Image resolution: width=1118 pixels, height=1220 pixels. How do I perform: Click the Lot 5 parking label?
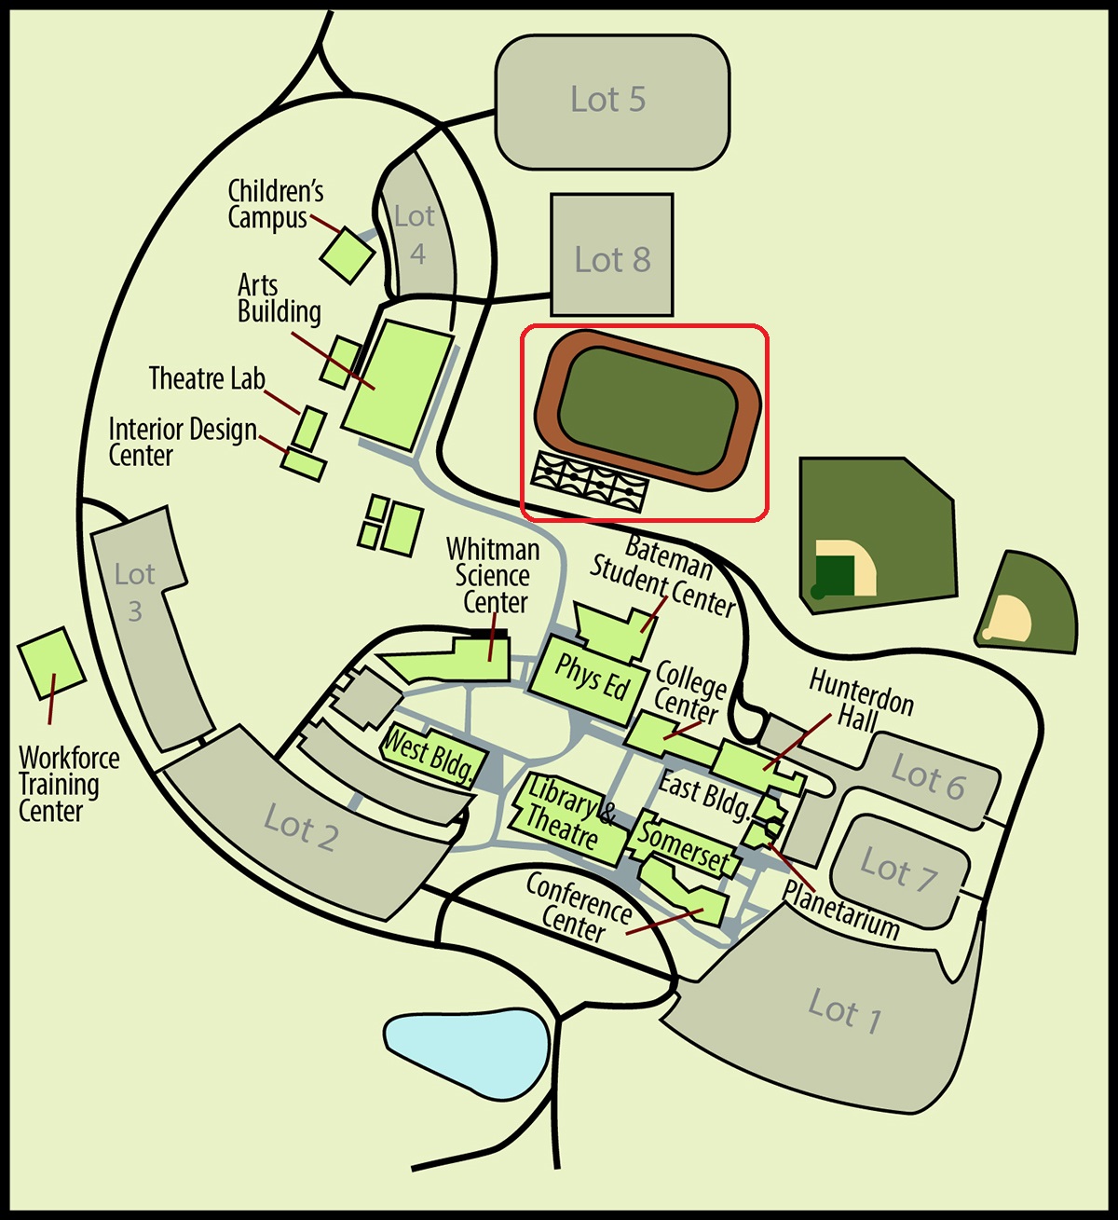[x=607, y=99]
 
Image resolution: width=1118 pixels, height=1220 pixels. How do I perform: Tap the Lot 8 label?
[x=612, y=260]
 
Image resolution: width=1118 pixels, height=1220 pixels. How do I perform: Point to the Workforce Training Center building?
[x=51, y=664]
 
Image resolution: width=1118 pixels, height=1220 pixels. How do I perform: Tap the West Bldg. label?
[x=429, y=755]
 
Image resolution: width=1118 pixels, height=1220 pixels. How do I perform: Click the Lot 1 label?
[x=844, y=1011]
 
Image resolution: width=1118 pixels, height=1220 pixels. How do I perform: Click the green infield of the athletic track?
[x=648, y=410]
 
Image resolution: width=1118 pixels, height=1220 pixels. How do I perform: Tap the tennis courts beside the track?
[x=590, y=482]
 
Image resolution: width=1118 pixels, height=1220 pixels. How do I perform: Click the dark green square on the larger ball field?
[x=834, y=575]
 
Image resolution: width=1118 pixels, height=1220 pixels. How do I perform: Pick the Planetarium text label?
[x=840, y=910]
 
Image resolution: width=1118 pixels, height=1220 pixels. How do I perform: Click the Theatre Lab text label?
[x=208, y=378]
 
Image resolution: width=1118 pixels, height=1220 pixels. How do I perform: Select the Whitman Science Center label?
[x=494, y=575]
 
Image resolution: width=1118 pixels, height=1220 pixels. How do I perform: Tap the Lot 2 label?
[x=300, y=828]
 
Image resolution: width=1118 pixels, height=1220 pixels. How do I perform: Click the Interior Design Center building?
[x=304, y=465]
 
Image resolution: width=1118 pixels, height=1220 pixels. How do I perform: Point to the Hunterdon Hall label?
[x=860, y=701]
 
